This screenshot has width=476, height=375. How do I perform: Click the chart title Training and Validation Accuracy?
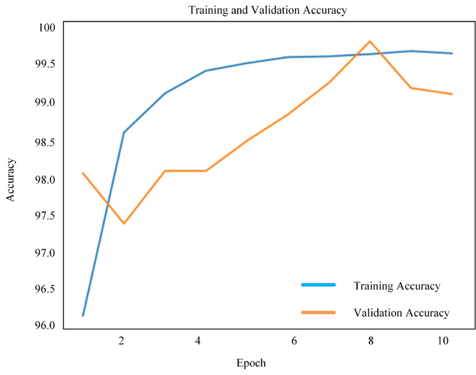[267, 10]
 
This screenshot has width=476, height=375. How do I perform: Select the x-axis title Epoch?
[250, 362]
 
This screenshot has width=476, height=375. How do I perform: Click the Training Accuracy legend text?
[397, 286]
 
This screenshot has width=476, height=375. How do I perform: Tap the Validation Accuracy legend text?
[401, 312]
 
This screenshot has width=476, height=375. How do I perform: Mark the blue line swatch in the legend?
[319, 285]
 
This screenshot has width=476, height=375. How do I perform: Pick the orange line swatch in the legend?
[319, 312]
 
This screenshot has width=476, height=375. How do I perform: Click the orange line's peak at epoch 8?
[370, 41]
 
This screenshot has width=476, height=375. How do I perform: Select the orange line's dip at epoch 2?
[124, 224]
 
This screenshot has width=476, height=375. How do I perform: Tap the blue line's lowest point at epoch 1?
[83, 315]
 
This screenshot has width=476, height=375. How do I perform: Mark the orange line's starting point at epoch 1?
[83, 173]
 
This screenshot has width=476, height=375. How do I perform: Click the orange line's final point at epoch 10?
[453, 94]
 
